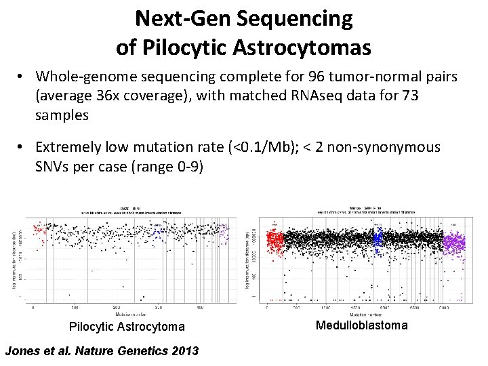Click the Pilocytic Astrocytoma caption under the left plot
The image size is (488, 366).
[127, 327]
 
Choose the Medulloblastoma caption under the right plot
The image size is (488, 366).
[362, 325]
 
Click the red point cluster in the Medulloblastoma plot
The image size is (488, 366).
[275, 241]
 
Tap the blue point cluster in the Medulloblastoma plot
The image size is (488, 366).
[378, 238]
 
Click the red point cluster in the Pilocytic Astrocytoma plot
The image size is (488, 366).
[39, 234]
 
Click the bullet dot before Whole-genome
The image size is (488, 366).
[22, 77]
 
